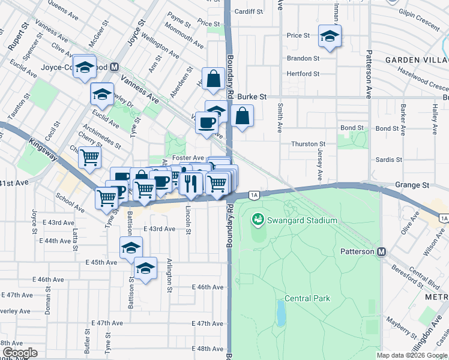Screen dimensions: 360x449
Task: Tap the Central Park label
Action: [307, 298]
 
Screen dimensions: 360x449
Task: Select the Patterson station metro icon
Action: [381, 252]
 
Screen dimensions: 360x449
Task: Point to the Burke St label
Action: [251, 96]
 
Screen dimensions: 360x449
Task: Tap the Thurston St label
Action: [308, 144]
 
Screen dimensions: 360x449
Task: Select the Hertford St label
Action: [303, 74]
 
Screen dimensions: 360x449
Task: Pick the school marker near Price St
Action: [330, 37]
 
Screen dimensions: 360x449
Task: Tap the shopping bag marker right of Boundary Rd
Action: [242, 116]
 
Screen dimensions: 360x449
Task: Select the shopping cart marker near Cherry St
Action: [89, 158]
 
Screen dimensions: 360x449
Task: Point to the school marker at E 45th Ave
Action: [131, 248]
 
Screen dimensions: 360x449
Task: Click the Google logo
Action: [19, 353]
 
